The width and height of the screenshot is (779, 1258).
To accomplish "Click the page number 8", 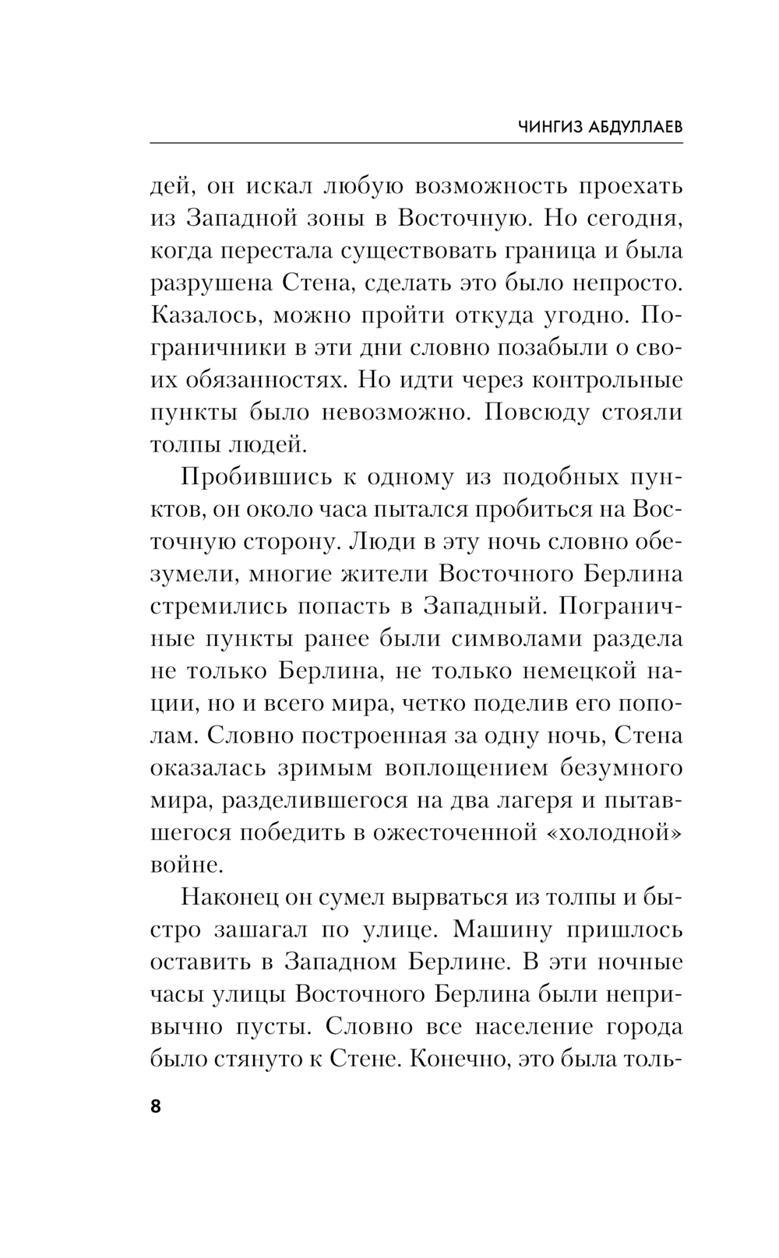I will click(155, 1106).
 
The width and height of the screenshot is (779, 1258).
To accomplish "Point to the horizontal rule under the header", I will click(417, 142).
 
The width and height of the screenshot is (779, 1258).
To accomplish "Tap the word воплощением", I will click(465, 768).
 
